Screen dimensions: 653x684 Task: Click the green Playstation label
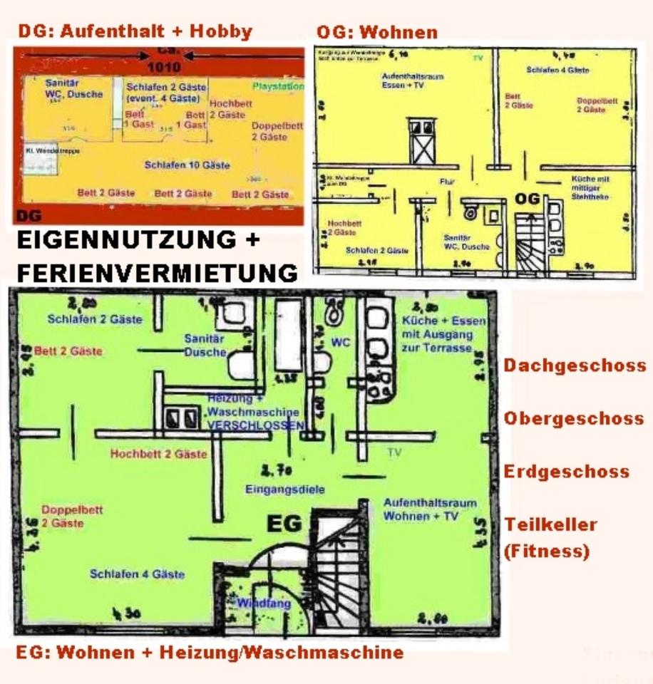[278, 86]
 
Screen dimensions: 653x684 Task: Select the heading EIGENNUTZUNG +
[138, 241]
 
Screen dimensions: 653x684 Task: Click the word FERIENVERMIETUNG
[156, 272]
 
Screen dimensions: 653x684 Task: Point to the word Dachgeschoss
[575, 366]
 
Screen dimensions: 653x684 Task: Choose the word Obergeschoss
[575, 418]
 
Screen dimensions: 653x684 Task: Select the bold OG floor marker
[529, 199]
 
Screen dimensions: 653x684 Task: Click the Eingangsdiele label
[284, 489]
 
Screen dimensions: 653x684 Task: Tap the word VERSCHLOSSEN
[255, 425]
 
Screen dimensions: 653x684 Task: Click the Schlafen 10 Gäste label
[187, 165]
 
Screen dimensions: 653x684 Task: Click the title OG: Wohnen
[377, 32]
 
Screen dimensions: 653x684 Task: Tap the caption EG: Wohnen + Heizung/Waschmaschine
[209, 652]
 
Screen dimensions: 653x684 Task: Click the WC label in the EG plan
[341, 343]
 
